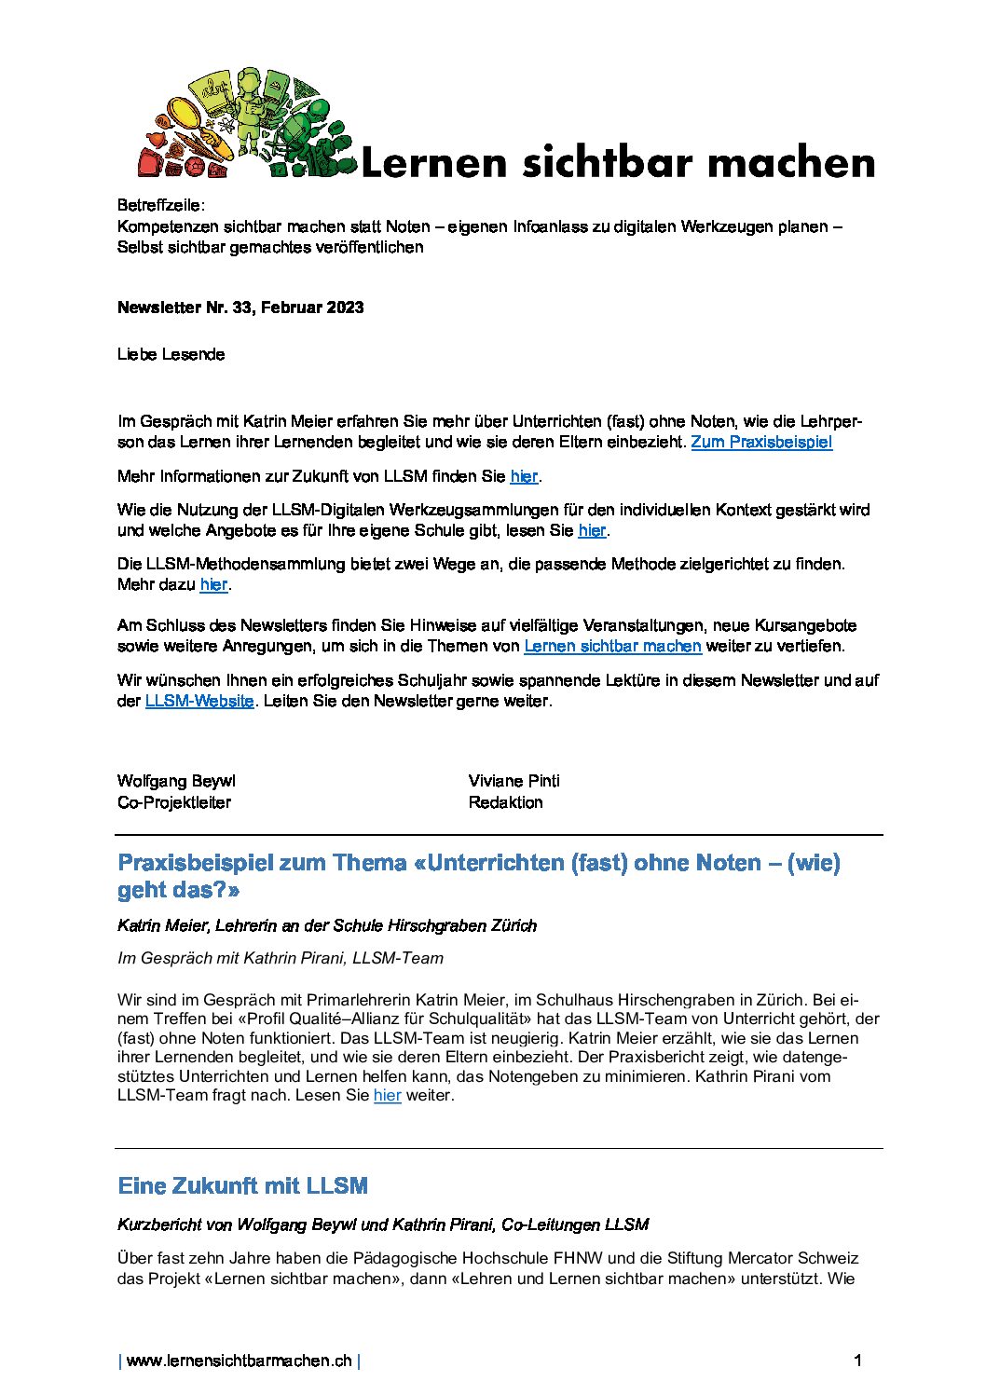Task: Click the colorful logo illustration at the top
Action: click(x=247, y=124)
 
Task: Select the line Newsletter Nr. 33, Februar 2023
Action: click(x=240, y=308)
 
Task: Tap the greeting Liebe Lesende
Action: click(x=171, y=354)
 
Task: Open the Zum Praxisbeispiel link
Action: click(x=761, y=443)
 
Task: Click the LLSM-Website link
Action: click(x=199, y=701)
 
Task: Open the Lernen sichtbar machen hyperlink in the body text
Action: click(x=612, y=646)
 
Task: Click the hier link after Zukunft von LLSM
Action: click(x=524, y=476)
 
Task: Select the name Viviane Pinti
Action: click(x=514, y=781)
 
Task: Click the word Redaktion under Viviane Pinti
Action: click(x=505, y=802)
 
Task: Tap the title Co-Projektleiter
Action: click(x=174, y=802)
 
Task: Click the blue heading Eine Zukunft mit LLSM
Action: click(x=243, y=1185)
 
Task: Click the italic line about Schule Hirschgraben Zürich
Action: click(x=327, y=925)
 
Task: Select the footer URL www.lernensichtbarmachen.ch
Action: click(x=239, y=1361)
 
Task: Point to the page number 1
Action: click(x=857, y=1361)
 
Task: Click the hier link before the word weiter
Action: click(x=387, y=1096)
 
